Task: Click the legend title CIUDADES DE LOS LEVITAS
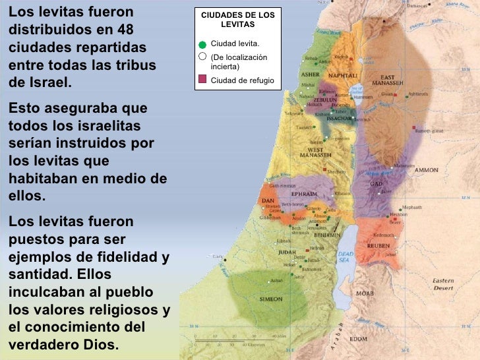coord(237,19)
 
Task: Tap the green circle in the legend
coord(202,44)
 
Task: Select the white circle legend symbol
coord(202,57)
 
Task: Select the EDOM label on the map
coord(359,339)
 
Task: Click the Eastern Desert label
coord(442,284)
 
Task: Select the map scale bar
coord(230,341)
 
